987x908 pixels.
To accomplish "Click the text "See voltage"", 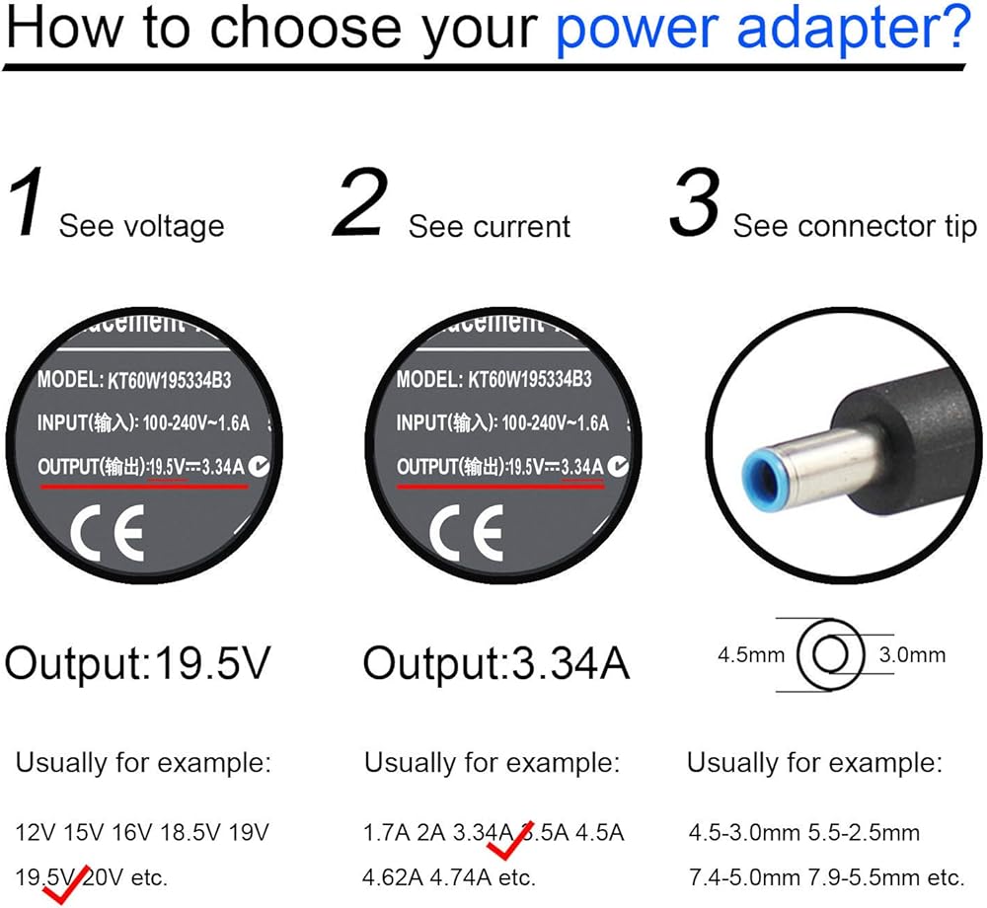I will [x=141, y=226].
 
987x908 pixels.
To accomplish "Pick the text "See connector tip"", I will [x=855, y=226].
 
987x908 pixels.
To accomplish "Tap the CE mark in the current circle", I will [x=466, y=532].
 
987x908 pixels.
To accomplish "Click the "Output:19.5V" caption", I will [x=137, y=664].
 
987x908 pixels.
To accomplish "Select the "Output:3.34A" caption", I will [x=496, y=664].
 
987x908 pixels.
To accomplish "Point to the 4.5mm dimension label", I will [x=751, y=653].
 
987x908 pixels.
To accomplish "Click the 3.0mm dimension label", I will [x=911, y=653].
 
